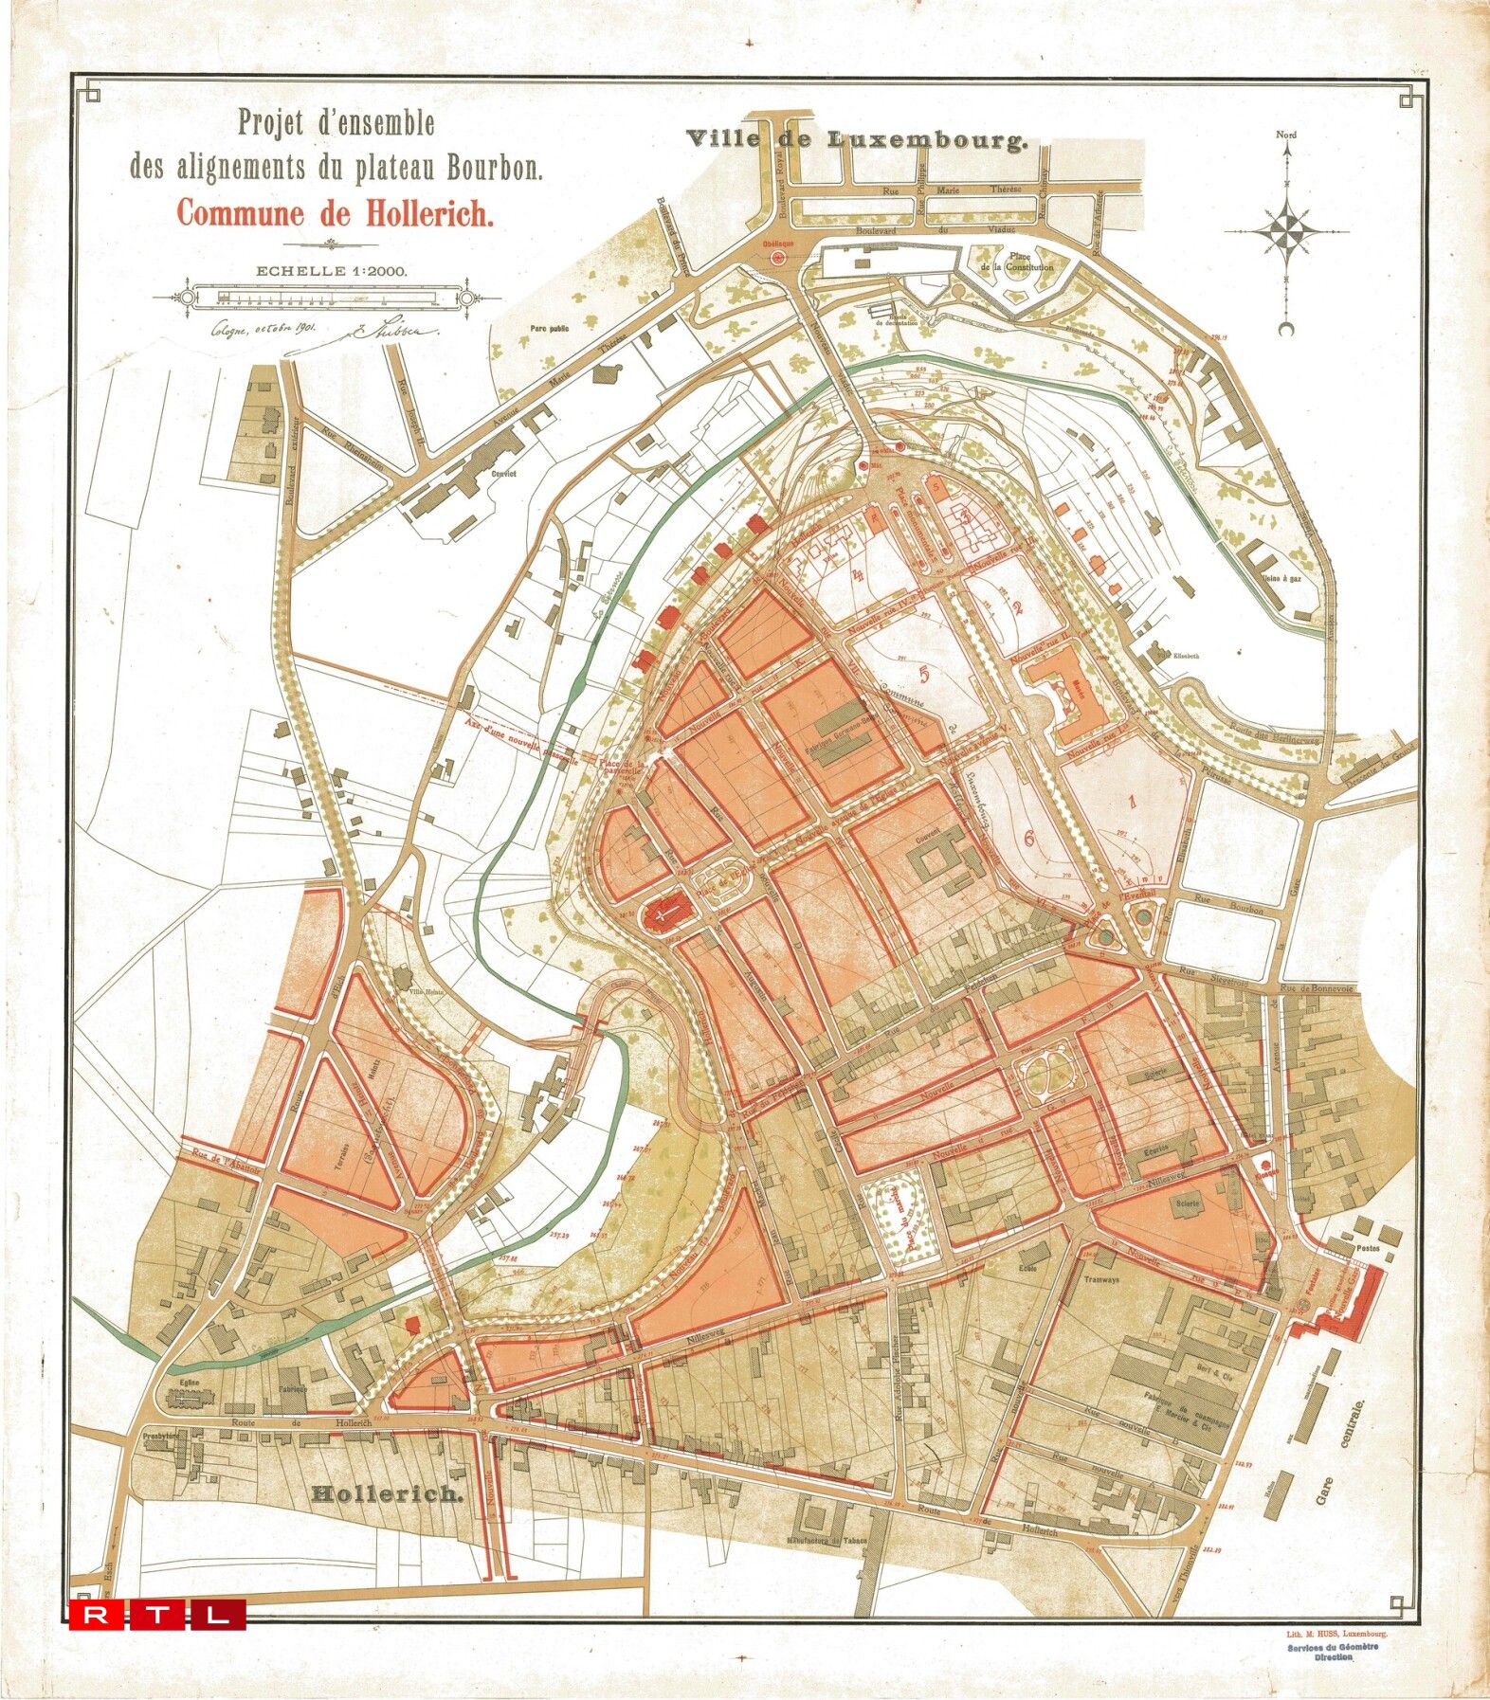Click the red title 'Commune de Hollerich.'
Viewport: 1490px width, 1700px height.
tap(336, 213)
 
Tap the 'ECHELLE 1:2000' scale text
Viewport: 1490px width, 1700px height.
tap(331, 270)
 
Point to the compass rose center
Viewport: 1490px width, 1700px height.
tap(1286, 230)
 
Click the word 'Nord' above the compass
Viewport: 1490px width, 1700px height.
tap(1286, 135)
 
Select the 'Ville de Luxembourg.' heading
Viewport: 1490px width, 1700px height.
tap(857, 139)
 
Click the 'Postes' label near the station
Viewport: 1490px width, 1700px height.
tap(1368, 1249)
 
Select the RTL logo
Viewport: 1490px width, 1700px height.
tap(157, 1614)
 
